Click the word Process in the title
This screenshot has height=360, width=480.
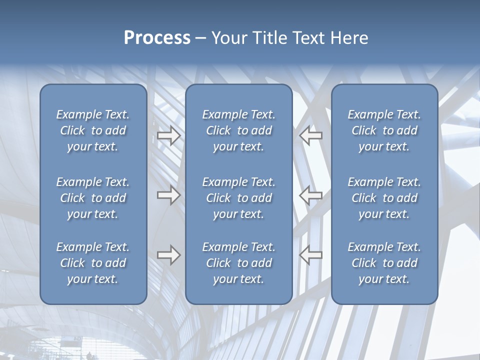(157, 38)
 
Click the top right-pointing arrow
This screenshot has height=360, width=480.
(169, 135)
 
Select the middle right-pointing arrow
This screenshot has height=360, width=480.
(169, 195)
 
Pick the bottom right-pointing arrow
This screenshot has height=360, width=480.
(169, 255)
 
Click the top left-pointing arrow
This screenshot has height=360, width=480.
(311, 135)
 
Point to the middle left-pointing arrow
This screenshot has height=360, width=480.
(311, 195)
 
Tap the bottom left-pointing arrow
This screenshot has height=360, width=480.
(311, 255)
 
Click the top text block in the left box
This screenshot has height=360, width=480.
(93, 130)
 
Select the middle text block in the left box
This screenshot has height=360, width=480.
(93, 198)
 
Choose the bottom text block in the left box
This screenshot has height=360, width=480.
(93, 263)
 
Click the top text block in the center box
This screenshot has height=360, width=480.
(239, 130)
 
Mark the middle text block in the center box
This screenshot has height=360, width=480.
(239, 198)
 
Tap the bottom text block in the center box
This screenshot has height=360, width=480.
(239, 263)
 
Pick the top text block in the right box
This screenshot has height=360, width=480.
(384, 130)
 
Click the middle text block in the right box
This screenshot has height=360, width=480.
(384, 198)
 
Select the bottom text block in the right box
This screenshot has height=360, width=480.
(384, 263)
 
